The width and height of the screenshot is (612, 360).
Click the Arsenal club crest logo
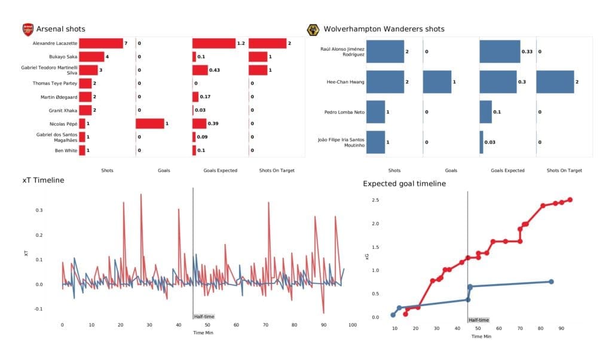click(27, 29)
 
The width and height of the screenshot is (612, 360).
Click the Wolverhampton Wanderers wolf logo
click(312, 29)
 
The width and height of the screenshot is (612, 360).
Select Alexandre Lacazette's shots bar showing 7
click(100, 43)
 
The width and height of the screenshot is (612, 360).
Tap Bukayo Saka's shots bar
click(91, 57)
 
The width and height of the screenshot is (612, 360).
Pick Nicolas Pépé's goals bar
click(149, 123)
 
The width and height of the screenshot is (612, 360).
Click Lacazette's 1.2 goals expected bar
click(214, 43)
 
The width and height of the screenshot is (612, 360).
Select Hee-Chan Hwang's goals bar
click(437, 81)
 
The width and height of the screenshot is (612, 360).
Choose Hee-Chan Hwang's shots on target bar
click(555, 81)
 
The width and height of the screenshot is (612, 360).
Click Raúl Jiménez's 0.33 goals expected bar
click(500, 51)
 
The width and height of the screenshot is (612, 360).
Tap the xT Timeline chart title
click(43, 180)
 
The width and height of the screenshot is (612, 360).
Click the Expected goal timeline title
click(404, 184)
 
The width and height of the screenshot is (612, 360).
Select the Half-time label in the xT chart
click(204, 316)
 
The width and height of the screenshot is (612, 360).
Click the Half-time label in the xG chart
click(478, 320)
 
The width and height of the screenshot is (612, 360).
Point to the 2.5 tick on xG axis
click(375, 200)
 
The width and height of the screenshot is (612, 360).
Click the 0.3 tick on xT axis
click(39, 210)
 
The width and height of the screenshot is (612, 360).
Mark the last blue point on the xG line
click(551, 282)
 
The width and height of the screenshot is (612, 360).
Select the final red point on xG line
click(570, 200)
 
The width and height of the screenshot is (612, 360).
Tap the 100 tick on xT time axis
click(352, 325)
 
